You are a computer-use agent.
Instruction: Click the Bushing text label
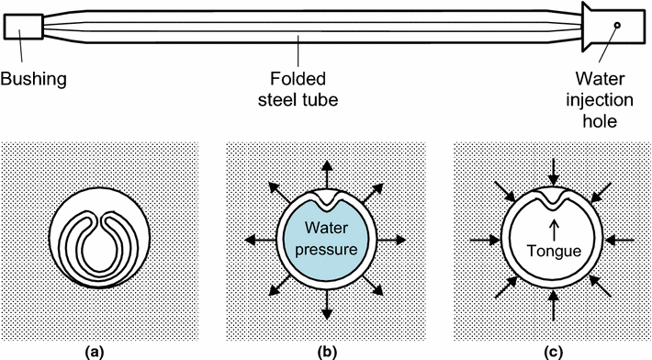[35, 80]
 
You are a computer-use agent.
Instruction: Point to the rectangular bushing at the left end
[22, 28]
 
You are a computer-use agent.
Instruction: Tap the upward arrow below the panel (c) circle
[553, 305]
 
